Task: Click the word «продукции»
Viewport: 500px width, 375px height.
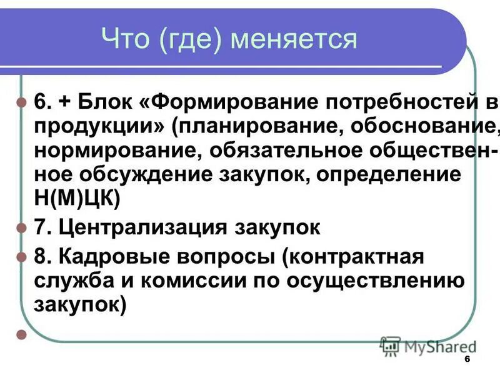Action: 93,127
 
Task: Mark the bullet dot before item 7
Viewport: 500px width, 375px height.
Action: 21,227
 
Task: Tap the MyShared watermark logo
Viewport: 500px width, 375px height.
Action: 427,346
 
